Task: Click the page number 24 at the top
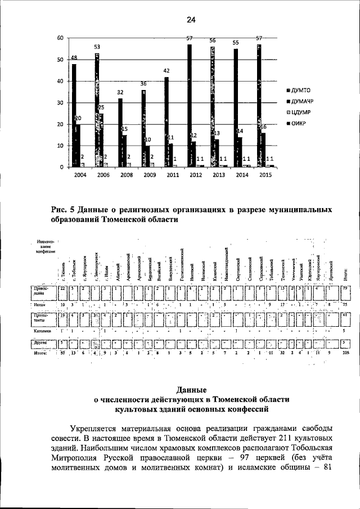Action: point(191,20)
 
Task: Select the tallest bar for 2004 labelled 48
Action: point(74,115)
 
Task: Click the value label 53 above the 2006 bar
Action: point(97,46)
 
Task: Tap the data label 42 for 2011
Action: point(166,71)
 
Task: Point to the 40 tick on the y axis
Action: point(60,81)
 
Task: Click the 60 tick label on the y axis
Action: point(60,38)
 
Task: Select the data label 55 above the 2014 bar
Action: point(236,43)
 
